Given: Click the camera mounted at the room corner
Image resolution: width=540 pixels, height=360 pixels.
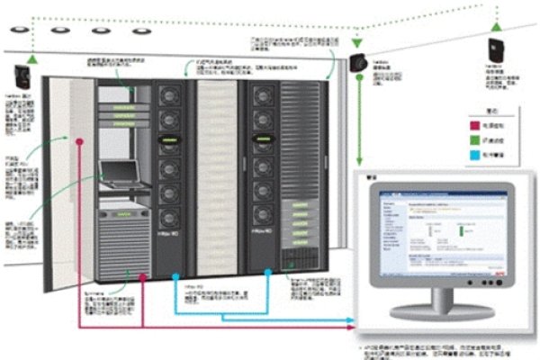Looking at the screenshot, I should coord(359,64).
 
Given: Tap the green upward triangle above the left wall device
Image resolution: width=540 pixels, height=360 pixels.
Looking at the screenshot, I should coord(32,57).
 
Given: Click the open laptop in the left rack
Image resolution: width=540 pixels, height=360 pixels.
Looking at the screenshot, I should coord(119,171).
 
